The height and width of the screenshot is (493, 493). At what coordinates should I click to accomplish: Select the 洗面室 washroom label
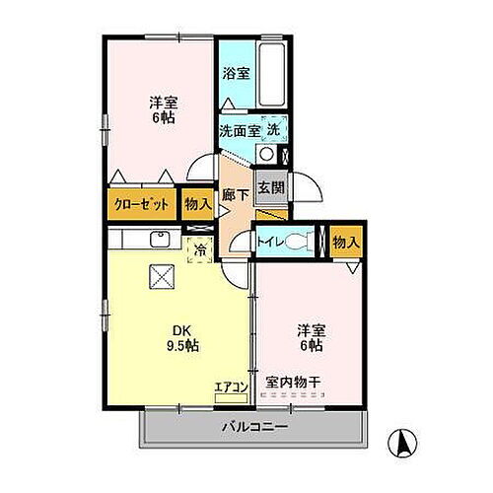(240, 130)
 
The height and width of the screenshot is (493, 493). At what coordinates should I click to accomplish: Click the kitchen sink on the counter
(160, 239)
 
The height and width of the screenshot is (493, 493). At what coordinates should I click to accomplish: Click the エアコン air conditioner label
(231, 387)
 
